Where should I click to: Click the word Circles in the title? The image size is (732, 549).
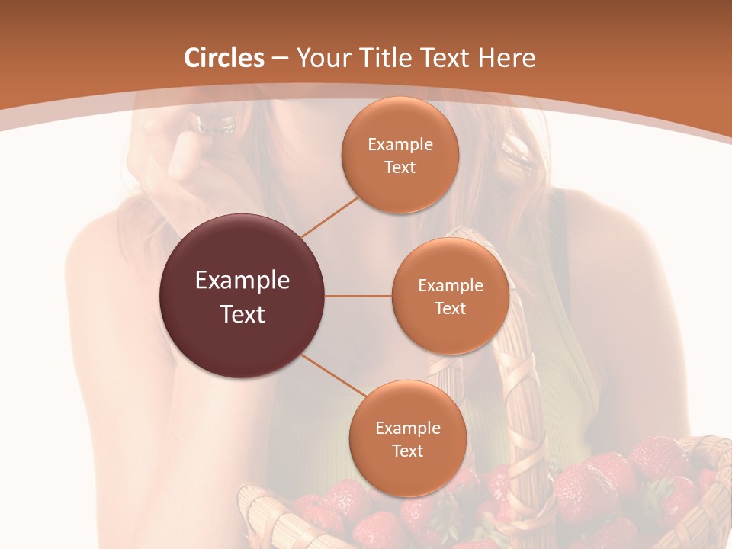[x=223, y=58]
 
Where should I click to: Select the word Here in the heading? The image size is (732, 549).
[x=506, y=58]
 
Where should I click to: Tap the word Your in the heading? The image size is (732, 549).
[x=323, y=58]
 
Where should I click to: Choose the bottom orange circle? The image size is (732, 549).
[x=407, y=473]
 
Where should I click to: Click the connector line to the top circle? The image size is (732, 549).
[x=329, y=216]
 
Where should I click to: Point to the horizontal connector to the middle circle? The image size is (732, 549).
[x=358, y=296]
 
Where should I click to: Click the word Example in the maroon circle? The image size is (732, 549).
[x=242, y=281]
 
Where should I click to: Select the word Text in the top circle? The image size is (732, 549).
[x=400, y=168]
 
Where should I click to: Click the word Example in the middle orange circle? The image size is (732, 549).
[x=451, y=286]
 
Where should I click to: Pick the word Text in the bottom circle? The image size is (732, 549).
[x=407, y=451]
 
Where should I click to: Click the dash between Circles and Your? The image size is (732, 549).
[x=280, y=59]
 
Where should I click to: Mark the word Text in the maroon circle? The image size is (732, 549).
[x=242, y=314]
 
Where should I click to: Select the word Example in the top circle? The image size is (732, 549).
[x=400, y=145]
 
